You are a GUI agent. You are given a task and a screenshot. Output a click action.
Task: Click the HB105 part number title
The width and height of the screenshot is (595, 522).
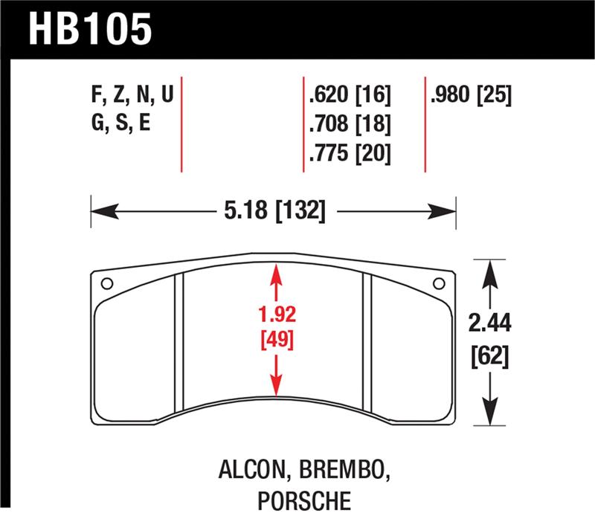(x=90, y=30)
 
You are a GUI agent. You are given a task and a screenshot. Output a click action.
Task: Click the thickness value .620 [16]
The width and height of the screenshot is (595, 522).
(x=349, y=96)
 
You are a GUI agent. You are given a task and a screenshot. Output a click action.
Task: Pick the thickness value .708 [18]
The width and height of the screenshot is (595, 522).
(x=349, y=124)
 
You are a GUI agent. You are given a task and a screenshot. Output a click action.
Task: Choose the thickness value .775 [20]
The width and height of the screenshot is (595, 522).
(x=349, y=153)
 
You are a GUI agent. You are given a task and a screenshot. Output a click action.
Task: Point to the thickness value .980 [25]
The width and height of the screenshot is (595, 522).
(x=470, y=96)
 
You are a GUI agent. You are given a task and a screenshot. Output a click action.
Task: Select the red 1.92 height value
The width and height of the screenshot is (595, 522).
(x=277, y=313)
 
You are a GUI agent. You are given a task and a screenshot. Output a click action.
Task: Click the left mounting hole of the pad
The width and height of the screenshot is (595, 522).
(x=106, y=283)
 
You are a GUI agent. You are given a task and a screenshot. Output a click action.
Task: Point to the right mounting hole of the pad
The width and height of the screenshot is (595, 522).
(x=439, y=283)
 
